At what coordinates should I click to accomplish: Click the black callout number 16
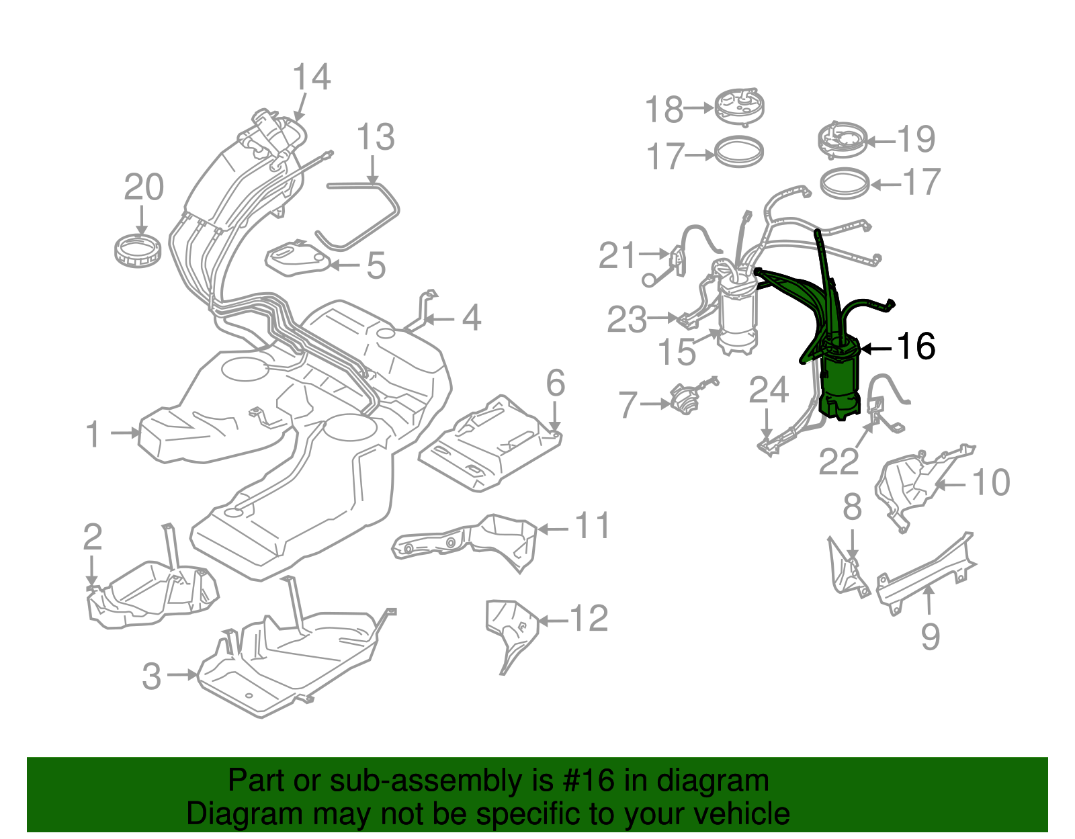pos(916,347)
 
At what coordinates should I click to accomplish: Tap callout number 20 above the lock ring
pos(144,187)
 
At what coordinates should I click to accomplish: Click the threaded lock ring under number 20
pos(137,250)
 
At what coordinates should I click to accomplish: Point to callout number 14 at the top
pos(312,77)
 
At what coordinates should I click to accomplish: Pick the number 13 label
pos(375,138)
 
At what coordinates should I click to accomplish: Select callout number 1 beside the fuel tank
pos(93,434)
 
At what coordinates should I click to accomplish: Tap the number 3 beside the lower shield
pos(152,676)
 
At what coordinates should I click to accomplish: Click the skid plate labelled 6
pos(490,443)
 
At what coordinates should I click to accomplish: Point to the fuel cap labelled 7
pos(684,401)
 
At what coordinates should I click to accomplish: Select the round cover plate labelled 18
pos(738,106)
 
